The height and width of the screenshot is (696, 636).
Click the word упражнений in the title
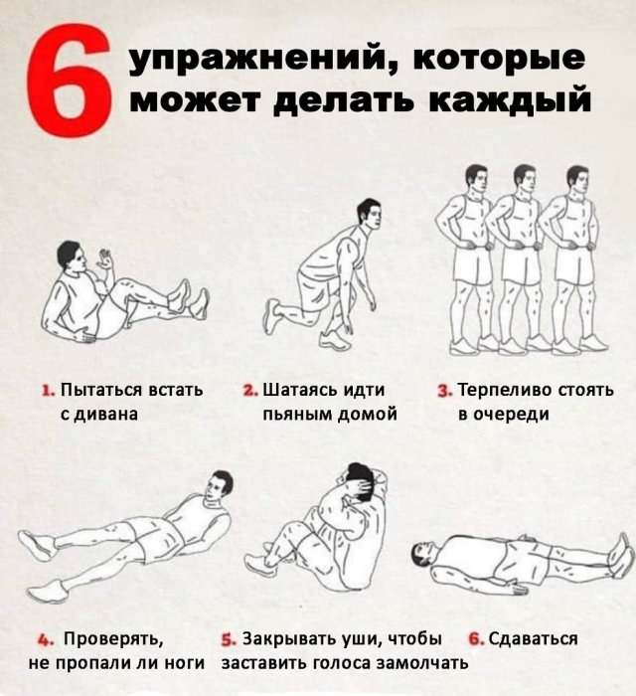tap(253, 61)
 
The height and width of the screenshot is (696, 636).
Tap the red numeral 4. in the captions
tap(45, 638)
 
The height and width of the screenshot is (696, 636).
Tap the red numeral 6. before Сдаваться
tap(475, 638)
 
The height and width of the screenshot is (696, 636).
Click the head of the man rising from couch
tap(70, 256)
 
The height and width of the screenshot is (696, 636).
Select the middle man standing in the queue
tap(521, 259)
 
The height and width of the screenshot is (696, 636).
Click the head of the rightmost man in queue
tap(577, 181)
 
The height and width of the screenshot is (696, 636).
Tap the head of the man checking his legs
tap(221, 486)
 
